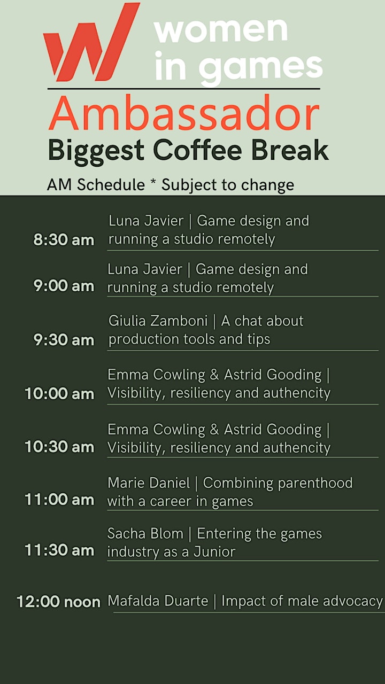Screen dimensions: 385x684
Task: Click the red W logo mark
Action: click(91, 43)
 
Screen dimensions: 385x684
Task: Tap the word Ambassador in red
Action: click(184, 113)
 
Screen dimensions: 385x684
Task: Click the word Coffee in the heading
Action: click(197, 150)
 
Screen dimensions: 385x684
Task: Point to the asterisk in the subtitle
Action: click(153, 182)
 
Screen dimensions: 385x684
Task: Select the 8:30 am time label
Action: click(64, 240)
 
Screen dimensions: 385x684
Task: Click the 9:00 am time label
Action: click(64, 286)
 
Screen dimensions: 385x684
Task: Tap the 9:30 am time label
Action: click(64, 339)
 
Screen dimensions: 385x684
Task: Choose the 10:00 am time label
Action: click(59, 393)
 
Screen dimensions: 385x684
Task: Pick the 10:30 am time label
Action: click(59, 446)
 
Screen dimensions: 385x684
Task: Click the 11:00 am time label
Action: click(59, 500)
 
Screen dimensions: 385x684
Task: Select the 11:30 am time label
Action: click(59, 550)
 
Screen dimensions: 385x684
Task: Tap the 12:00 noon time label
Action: click(59, 602)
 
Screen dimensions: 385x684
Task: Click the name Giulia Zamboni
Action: click(158, 321)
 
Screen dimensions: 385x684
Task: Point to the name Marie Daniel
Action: click(149, 483)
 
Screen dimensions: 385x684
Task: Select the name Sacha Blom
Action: click(145, 533)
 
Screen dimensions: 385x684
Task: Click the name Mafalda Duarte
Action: click(158, 601)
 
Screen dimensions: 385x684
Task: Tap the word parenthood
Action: click(315, 484)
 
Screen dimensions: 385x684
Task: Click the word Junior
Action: click(214, 551)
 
